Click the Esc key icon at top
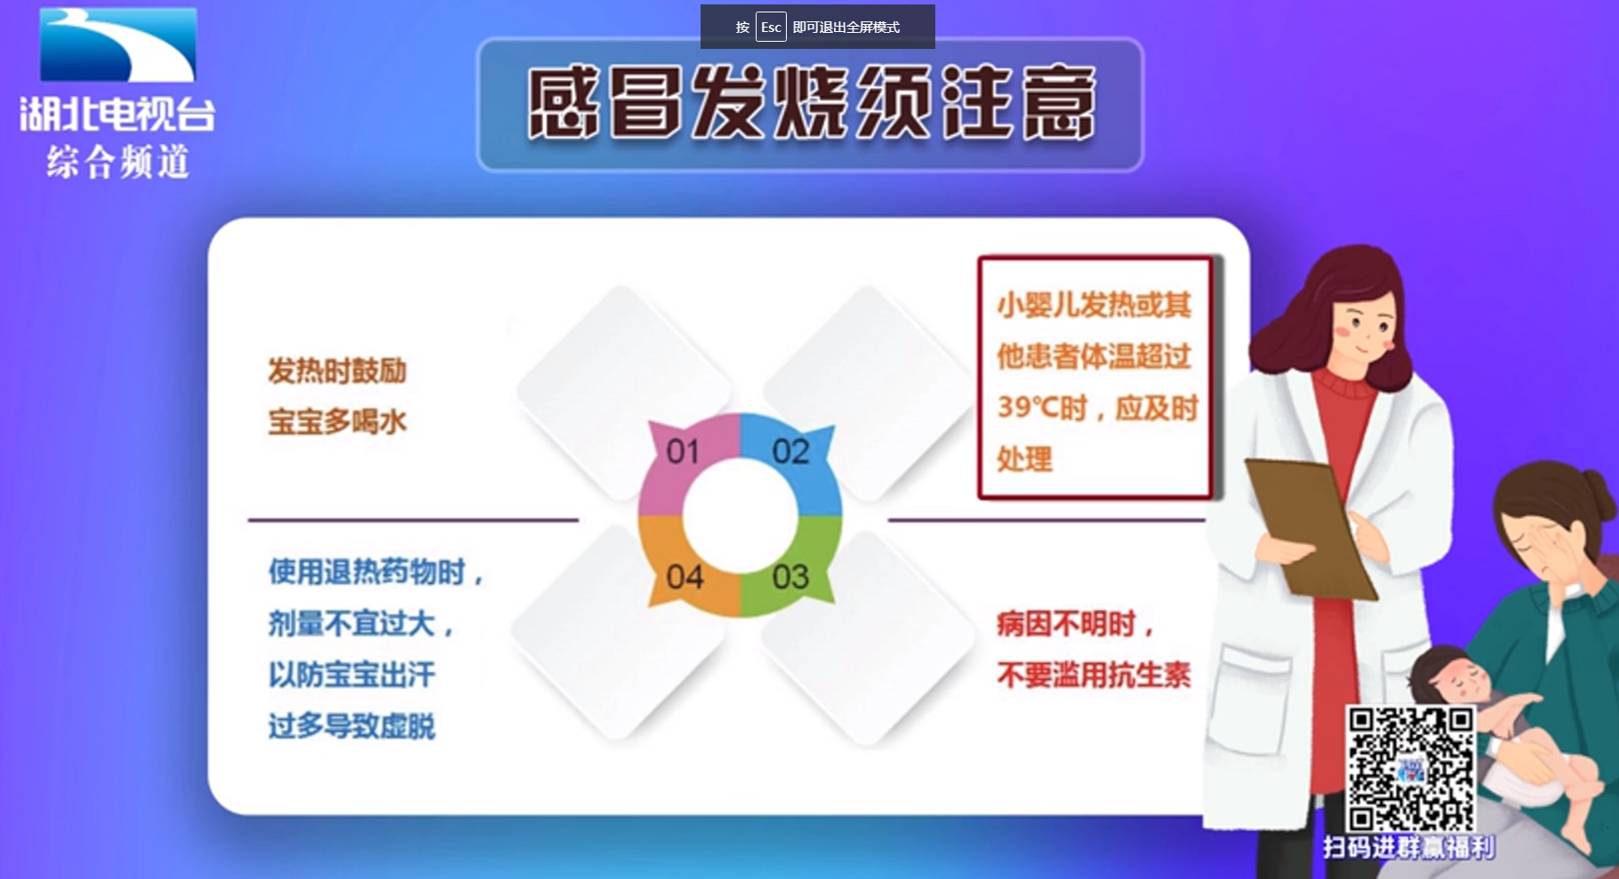point(771,27)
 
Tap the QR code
point(1411,769)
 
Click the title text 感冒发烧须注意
point(811,103)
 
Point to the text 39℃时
point(1042,408)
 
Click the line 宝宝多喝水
point(338,421)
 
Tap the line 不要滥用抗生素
point(1094,675)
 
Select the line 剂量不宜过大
point(360,623)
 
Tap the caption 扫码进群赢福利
point(1409,847)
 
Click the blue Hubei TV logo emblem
point(118,44)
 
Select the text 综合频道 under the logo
point(118,162)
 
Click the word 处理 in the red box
point(1024,459)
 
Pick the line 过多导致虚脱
point(352,726)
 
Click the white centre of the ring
point(740,516)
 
